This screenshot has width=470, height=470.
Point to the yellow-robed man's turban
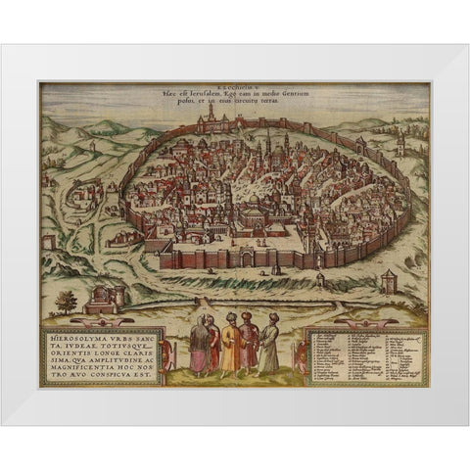click(229, 319)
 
